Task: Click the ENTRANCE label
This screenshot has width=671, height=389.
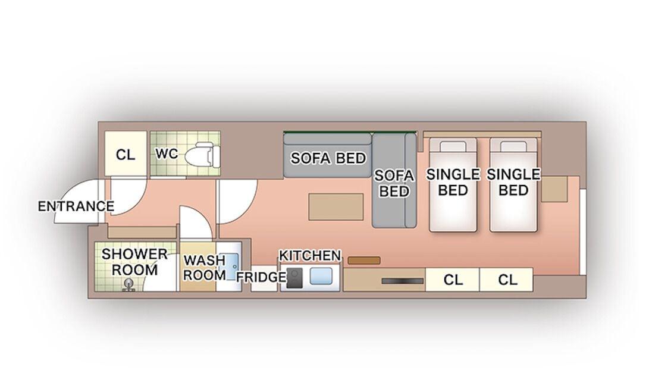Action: (x=76, y=206)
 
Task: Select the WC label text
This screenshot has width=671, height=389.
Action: (x=166, y=154)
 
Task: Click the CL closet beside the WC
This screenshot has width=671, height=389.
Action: (x=126, y=155)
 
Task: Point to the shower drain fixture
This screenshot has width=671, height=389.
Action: (x=127, y=285)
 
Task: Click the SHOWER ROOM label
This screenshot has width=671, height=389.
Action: (x=135, y=262)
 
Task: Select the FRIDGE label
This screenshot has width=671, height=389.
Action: (x=261, y=277)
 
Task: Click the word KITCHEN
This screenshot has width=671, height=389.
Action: (x=310, y=256)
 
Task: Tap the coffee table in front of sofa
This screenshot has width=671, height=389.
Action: (x=336, y=206)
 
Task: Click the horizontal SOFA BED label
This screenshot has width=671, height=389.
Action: (x=328, y=158)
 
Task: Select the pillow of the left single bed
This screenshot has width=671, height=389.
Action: (x=453, y=146)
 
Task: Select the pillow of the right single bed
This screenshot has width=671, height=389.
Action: (x=513, y=146)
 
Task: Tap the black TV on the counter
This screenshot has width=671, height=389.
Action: (x=403, y=281)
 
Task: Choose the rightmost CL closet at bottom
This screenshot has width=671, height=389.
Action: (x=507, y=280)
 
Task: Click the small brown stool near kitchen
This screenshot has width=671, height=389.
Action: (x=364, y=261)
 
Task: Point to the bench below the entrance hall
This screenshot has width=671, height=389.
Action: (x=142, y=232)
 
